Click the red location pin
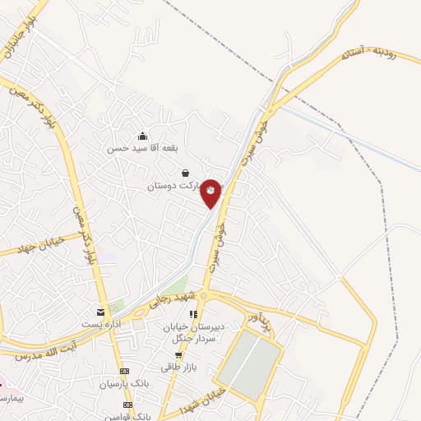coord(211,192)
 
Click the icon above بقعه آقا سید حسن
coord(144,136)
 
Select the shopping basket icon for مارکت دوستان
coord(184,173)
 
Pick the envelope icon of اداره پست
coord(100,312)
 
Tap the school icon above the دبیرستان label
coord(194,314)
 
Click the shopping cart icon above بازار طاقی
coord(178,354)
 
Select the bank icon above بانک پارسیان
coord(123,372)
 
